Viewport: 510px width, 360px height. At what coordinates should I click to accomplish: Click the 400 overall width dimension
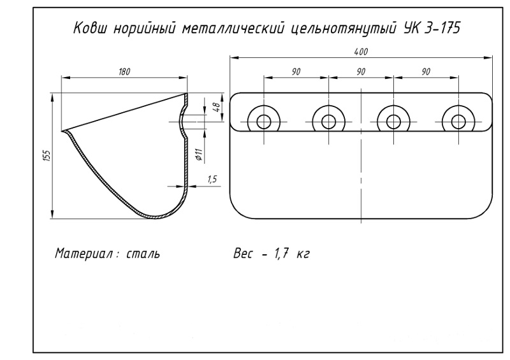361,52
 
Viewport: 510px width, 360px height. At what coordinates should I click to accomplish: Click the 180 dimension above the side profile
124,71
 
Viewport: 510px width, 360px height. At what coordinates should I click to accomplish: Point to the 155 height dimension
48,155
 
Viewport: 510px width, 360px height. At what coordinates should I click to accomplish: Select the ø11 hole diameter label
199,154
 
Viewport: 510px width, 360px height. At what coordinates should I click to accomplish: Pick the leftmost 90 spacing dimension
296,72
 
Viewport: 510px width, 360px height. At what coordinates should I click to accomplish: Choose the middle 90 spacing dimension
361,72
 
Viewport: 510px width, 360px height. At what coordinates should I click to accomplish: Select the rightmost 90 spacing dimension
426,72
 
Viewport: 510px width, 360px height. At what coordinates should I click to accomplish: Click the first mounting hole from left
264,122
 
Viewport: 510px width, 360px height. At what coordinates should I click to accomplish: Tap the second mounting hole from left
328,122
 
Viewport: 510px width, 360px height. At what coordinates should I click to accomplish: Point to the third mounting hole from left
393,122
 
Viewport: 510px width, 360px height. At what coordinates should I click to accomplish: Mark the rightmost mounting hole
458,122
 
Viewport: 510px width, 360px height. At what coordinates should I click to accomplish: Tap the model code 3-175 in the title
442,28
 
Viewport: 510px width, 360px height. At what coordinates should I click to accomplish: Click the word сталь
143,253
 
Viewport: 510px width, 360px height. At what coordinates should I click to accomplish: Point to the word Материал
85,253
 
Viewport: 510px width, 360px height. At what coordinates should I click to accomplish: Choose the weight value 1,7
281,254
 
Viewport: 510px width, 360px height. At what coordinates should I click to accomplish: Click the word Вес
242,254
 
